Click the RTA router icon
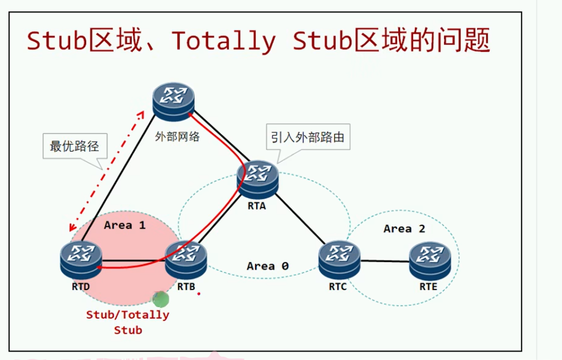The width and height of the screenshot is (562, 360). click(x=257, y=179)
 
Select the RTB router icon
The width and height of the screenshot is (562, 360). click(x=186, y=259)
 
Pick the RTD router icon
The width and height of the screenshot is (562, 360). click(x=81, y=259)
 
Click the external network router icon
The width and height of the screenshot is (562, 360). click(x=174, y=101)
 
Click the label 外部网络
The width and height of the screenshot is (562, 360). click(x=177, y=137)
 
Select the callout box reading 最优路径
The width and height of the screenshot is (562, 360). click(x=74, y=146)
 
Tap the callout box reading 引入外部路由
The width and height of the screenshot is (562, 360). click(x=307, y=137)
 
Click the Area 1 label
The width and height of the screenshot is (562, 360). click(x=124, y=225)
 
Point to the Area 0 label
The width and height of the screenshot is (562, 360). click(x=268, y=266)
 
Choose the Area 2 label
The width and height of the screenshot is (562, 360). click(x=404, y=229)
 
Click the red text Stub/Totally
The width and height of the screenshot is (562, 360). click(x=128, y=315)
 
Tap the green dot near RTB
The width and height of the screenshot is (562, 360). click(x=161, y=300)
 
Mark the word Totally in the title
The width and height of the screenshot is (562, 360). click(x=223, y=41)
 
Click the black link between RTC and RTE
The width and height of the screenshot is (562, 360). click(x=385, y=261)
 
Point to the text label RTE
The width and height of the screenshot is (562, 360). click(x=428, y=287)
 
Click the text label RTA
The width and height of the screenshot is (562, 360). click(x=257, y=206)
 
